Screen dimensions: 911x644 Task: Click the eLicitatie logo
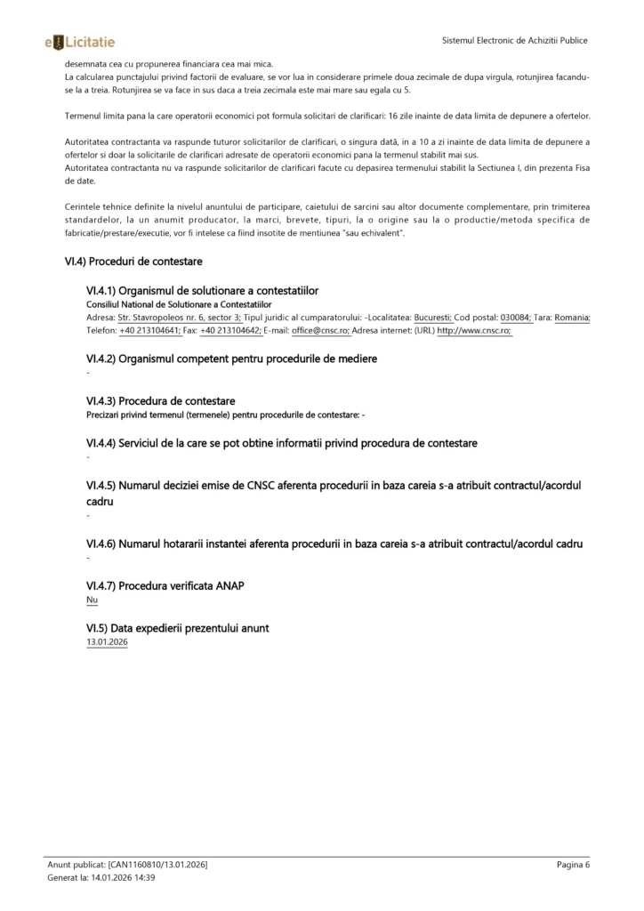coord(79,41)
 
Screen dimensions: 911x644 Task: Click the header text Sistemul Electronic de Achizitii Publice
coord(515,41)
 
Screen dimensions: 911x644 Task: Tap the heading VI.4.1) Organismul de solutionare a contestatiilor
coord(202,290)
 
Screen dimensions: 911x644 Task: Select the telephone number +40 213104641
coord(149,330)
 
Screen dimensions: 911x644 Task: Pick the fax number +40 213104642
coord(230,330)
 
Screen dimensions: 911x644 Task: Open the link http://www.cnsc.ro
coord(473,330)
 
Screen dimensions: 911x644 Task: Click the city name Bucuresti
coord(433,318)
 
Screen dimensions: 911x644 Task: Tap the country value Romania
coord(572,318)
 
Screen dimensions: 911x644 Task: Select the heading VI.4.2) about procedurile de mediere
coord(231,359)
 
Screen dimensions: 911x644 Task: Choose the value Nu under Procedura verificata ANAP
coord(92,601)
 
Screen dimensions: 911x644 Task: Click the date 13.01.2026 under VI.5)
coord(107,641)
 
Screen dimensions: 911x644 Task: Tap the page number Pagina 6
coord(573,864)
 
